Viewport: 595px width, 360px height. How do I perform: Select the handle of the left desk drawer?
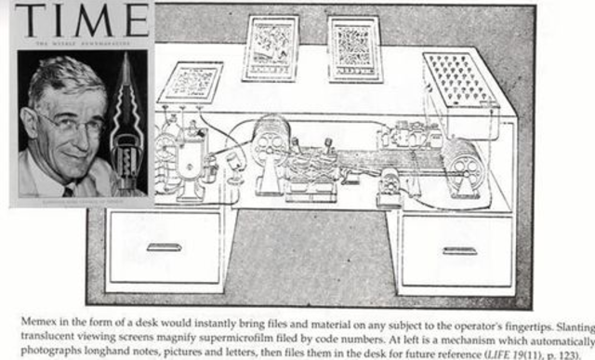point(163,248)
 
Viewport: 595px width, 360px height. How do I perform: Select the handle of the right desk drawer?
point(459,250)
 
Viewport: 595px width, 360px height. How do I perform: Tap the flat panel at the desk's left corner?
point(190,81)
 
